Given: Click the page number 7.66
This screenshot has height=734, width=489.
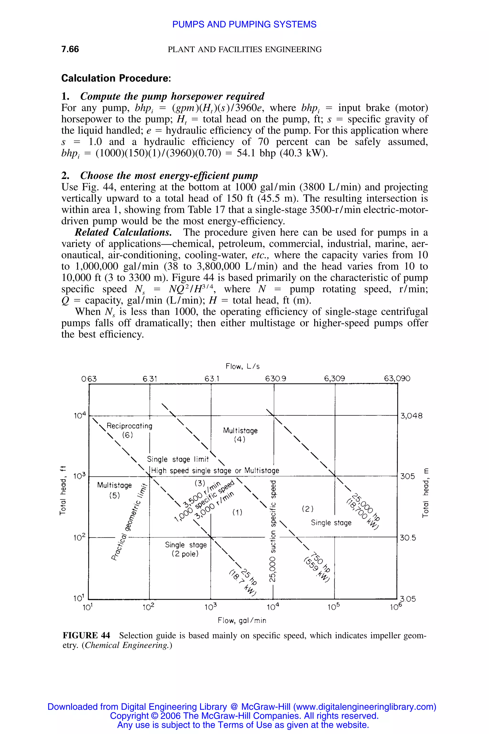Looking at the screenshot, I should (70, 49).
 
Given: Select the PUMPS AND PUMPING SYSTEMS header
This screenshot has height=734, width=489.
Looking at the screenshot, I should (244, 24).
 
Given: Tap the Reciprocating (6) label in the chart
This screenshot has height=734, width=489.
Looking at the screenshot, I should (129, 430).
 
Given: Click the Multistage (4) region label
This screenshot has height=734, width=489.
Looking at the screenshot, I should (240, 435).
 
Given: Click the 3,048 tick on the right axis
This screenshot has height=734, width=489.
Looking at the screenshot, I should (411, 416).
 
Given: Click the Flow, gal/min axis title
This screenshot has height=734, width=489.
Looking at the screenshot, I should (242, 621).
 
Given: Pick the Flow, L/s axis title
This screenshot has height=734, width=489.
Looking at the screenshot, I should (243, 366).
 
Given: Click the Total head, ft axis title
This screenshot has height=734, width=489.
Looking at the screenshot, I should (63, 490).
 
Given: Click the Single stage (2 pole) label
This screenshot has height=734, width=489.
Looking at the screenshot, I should (186, 549).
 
